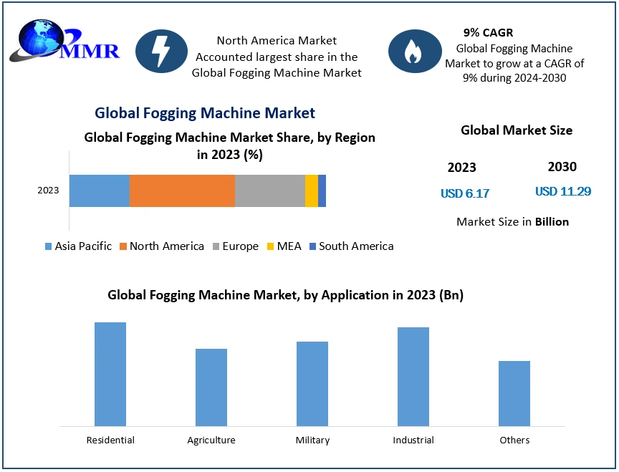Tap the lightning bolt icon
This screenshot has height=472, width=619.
[x=161, y=52]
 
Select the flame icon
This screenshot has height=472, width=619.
[x=414, y=52]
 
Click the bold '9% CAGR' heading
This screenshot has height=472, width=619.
[x=488, y=33]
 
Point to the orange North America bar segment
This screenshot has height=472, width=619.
[x=182, y=191]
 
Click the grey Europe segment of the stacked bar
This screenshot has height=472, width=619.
[x=269, y=191]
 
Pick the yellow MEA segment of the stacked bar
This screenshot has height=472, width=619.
[x=311, y=191]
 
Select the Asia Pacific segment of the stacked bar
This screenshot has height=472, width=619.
[x=100, y=191]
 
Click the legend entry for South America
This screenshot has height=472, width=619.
[x=351, y=246]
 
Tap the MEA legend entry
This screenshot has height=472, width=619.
[x=283, y=246]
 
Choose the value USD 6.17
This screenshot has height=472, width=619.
[x=465, y=193]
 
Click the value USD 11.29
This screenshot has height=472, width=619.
[x=562, y=192]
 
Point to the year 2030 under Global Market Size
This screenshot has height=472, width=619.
[x=562, y=167]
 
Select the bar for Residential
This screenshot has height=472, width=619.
[x=110, y=374]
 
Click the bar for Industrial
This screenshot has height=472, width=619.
[x=413, y=377]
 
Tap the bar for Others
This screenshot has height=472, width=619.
[x=514, y=393]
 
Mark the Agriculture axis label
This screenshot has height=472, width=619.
[x=211, y=440]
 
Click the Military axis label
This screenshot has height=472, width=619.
[x=312, y=440]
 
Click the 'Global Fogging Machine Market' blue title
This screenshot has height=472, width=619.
[x=205, y=112]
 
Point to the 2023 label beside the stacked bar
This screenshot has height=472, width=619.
[x=48, y=191]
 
